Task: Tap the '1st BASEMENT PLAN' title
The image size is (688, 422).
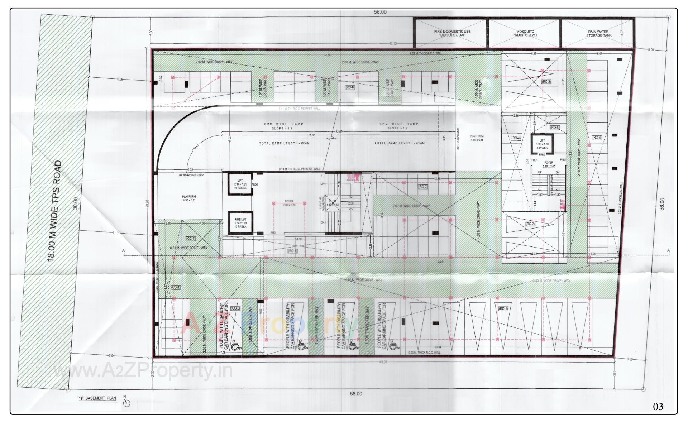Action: pyautogui.click(x=97, y=398)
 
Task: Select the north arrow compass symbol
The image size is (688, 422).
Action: pyautogui.click(x=126, y=403)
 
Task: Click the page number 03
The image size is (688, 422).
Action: pyautogui.click(x=658, y=407)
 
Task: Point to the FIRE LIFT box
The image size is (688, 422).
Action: pyautogui.click(x=240, y=223)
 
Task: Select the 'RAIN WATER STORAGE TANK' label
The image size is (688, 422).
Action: pyautogui.click(x=599, y=34)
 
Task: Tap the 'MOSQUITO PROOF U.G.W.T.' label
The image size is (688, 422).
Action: pyautogui.click(x=525, y=33)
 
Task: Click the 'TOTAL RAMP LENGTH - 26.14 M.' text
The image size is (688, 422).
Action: pyautogui.click(x=284, y=143)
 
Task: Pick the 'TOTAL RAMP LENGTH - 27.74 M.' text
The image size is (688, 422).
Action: pyautogui.click(x=400, y=143)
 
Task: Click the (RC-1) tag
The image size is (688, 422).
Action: pyautogui.click(x=503, y=308)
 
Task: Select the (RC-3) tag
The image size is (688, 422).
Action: pyautogui.click(x=546, y=82)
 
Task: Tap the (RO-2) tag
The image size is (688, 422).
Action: pyautogui.click(x=423, y=187)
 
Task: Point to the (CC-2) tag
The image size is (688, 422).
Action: pyautogui.click(x=235, y=308)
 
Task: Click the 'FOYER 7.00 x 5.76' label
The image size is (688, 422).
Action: pyautogui.click(x=289, y=203)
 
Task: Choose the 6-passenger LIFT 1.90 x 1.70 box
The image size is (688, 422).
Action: pyautogui.click(x=542, y=144)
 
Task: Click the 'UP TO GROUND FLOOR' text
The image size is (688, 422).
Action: pyautogui.click(x=191, y=176)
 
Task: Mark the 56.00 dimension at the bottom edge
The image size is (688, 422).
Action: pyautogui.click(x=356, y=394)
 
